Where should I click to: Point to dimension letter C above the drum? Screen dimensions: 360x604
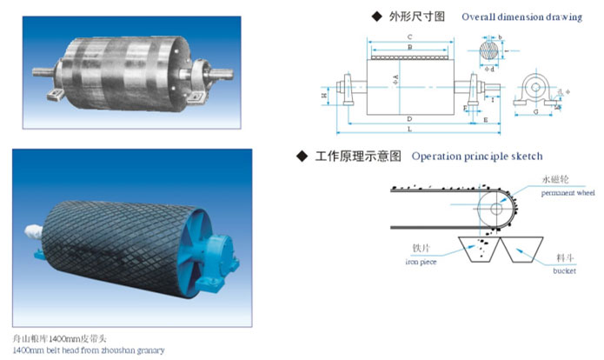[408, 37]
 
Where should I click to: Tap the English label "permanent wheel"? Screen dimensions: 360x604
[566, 192]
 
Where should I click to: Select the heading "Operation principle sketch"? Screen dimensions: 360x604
[477, 157]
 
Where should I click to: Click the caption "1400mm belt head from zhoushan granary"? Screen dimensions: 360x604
[88, 350]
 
